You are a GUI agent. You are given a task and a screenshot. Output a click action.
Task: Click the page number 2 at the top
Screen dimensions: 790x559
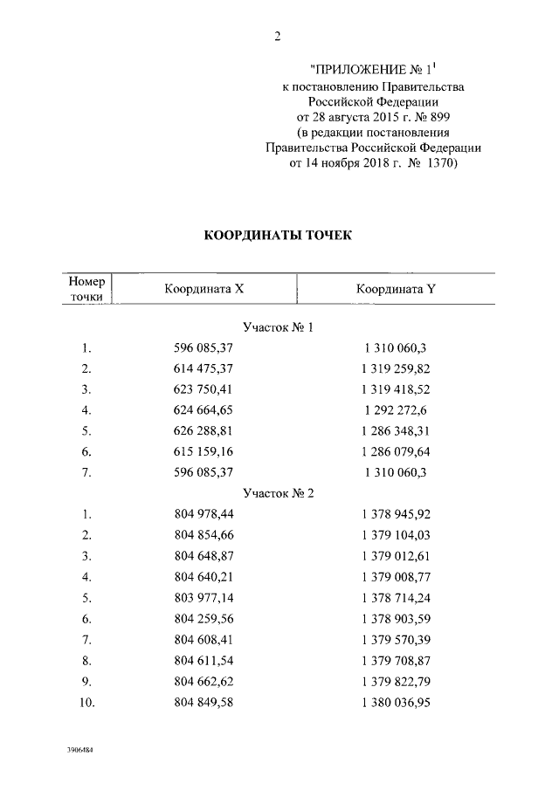click(x=277, y=36)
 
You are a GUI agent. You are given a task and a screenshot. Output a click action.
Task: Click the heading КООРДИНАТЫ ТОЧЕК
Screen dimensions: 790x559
click(x=278, y=236)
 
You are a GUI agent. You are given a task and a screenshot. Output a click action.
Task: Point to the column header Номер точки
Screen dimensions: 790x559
click(x=87, y=289)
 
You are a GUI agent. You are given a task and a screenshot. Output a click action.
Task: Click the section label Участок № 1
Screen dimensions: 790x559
click(x=279, y=327)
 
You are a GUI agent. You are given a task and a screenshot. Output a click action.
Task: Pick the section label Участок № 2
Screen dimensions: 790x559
click(x=279, y=492)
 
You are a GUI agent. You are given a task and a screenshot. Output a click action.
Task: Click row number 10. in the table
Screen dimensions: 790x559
click(x=86, y=702)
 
